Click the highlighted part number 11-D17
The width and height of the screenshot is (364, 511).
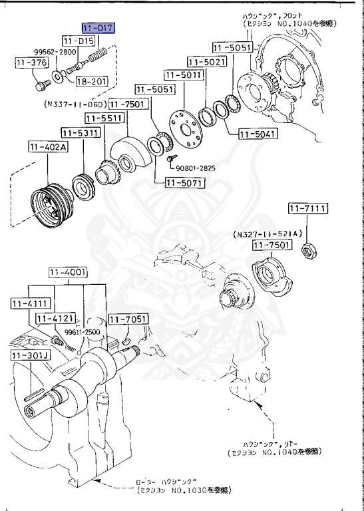[98, 29]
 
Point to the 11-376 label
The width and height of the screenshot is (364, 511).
[31, 63]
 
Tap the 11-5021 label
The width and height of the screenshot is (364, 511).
[206, 61]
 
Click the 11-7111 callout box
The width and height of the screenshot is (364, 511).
[309, 209]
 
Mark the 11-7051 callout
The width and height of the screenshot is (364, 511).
[128, 321]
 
